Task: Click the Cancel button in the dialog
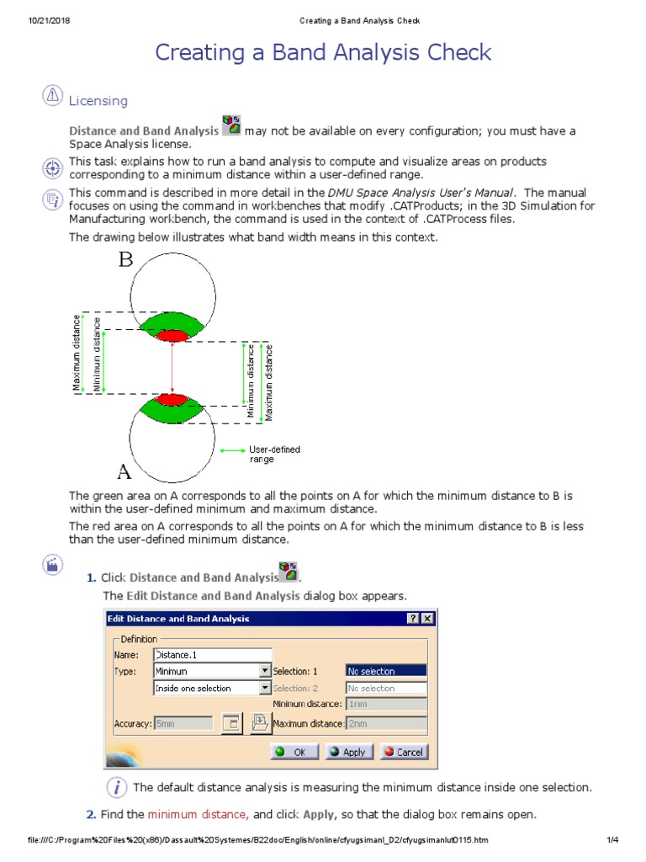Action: click(x=404, y=752)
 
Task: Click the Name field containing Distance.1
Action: click(x=213, y=654)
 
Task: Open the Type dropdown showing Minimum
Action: click(x=265, y=671)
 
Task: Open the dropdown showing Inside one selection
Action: click(x=265, y=688)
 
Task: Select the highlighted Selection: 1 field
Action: click(x=386, y=671)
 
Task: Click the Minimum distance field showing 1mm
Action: click(x=386, y=704)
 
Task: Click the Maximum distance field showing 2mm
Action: click(x=386, y=723)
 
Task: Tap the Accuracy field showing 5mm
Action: click(x=183, y=723)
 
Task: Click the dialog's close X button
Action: click(x=428, y=619)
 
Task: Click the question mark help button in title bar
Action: click(x=414, y=619)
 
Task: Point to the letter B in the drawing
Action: click(x=125, y=259)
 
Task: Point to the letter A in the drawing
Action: click(x=124, y=469)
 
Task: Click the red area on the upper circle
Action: click(x=172, y=336)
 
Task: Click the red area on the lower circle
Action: click(x=172, y=398)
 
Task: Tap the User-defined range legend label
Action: click(x=274, y=455)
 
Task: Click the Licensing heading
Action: click(x=98, y=101)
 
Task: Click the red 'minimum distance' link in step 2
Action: click(x=198, y=815)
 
